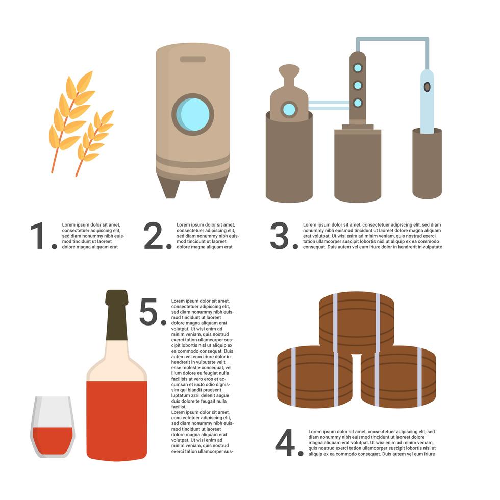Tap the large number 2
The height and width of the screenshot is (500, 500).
(x=155, y=236)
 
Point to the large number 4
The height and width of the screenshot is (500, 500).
(x=286, y=443)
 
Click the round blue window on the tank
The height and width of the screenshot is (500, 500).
(x=193, y=114)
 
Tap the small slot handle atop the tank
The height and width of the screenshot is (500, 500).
(x=193, y=59)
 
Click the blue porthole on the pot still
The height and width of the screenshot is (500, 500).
(x=289, y=109)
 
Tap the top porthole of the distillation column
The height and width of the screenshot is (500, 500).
(x=358, y=68)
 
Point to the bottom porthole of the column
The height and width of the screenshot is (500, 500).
(x=358, y=103)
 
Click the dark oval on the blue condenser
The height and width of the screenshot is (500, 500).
(x=427, y=87)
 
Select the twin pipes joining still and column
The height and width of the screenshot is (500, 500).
(x=329, y=105)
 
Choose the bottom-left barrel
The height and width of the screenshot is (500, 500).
(x=314, y=377)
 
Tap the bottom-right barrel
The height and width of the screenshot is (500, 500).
(x=398, y=377)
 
